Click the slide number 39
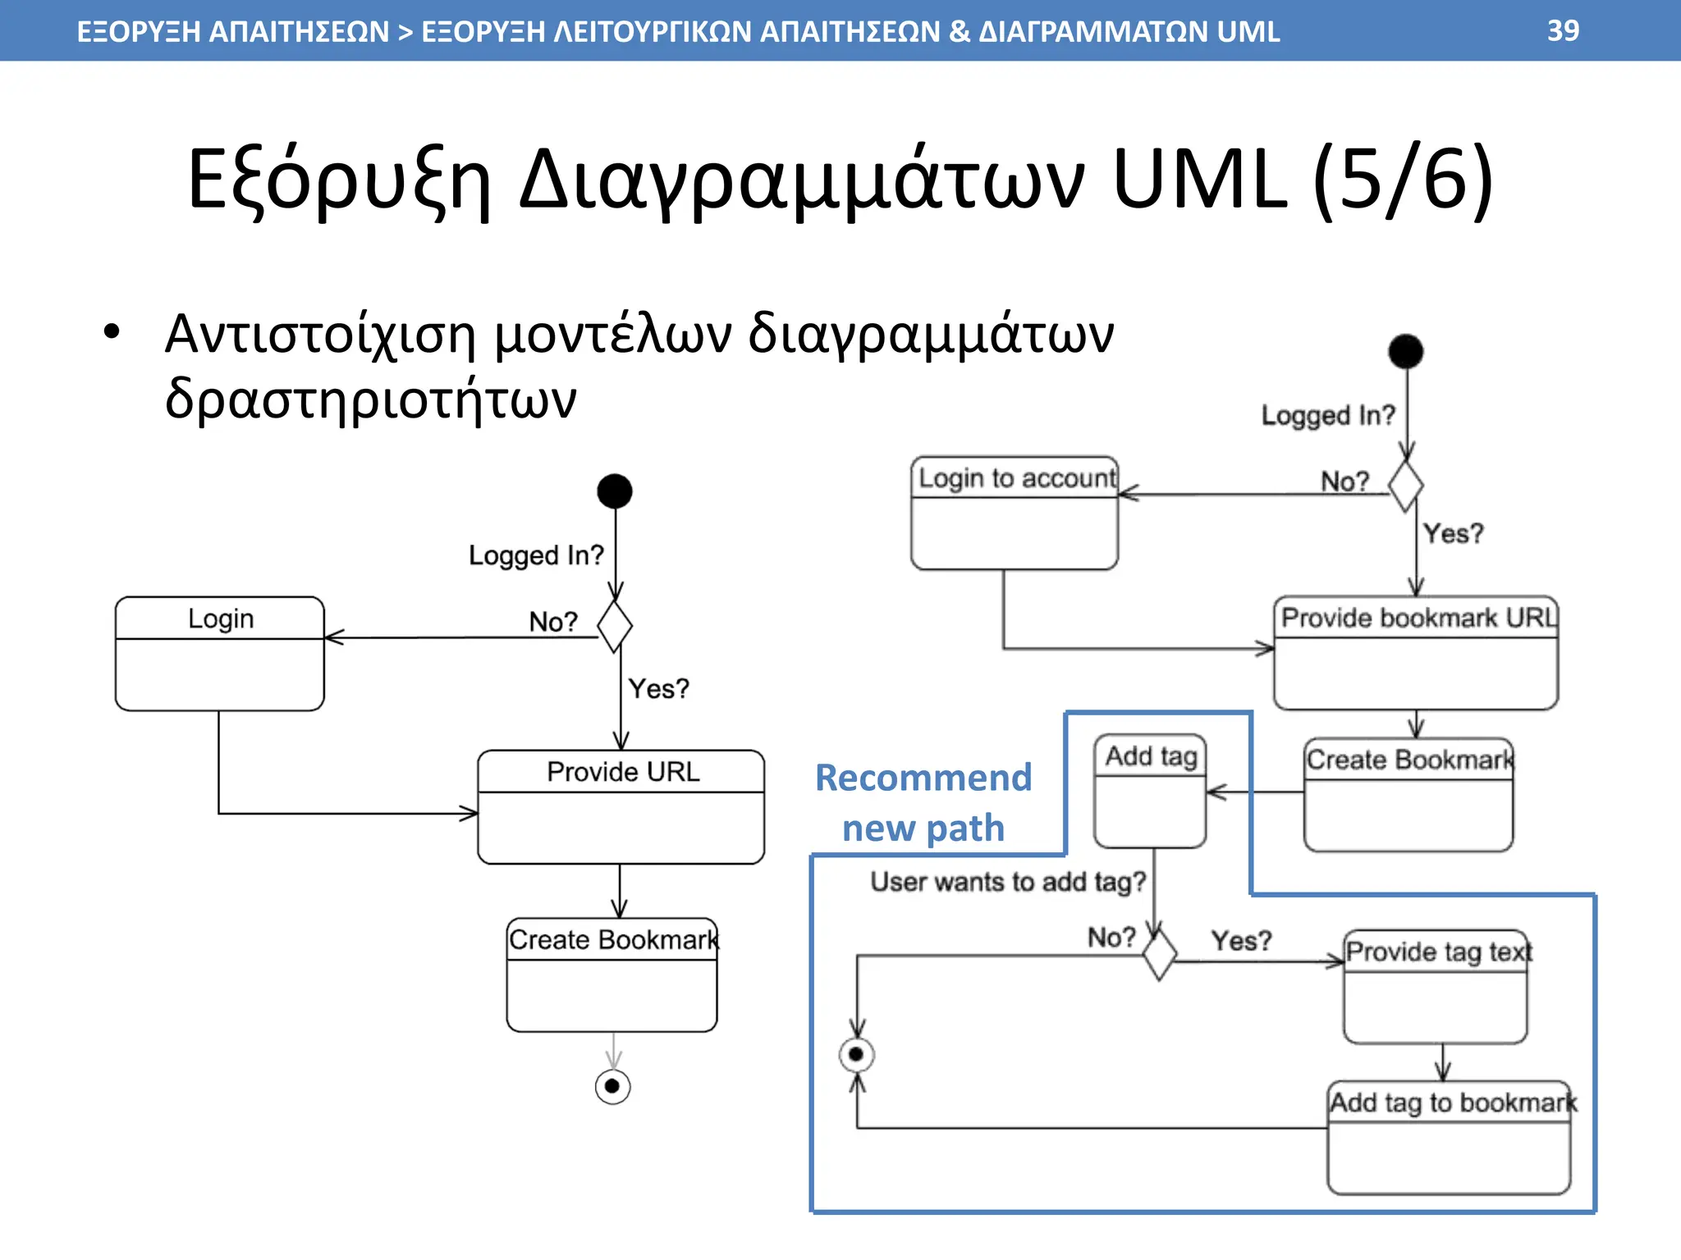pyautogui.click(x=1563, y=31)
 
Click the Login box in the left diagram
pyautogui.click(x=220, y=654)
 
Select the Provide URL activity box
pyautogui.click(x=621, y=807)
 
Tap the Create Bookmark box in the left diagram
pyautogui.click(x=612, y=975)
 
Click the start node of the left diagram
pyautogui.click(x=615, y=491)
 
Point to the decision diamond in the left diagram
pyautogui.click(x=615, y=627)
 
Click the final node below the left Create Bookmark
pyautogui.click(x=612, y=1087)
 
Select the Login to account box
pyautogui.click(x=1015, y=514)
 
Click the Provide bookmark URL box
pyautogui.click(x=1416, y=653)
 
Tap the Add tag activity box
pyautogui.click(x=1151, y=791)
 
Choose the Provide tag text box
pyautogui.click(x=1436, y=987)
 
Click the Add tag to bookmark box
pyautogui.click(x=1450, y=1138)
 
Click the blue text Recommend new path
pyautogui.click(x=923, y=802)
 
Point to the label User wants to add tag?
pyautogui.click(x=1008, y=882)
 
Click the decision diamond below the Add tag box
pyautogui.click(x=1160, y=955)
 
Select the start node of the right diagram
pyautogui.click(x=1406, y=352)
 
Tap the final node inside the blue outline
pyautogui.click(x=857, y=1055)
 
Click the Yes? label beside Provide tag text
pyautogui.click(x=1241, y=940)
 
